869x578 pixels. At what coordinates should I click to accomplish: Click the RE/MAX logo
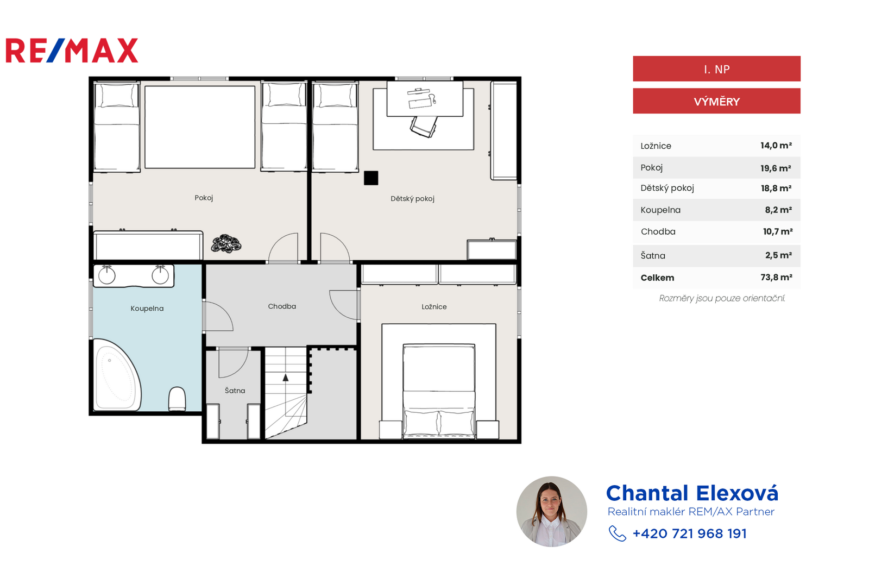72,51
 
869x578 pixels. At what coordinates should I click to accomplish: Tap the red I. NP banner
716,68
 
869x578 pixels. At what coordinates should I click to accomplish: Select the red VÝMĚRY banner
716,101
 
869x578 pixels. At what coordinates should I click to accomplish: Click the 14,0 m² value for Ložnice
776,146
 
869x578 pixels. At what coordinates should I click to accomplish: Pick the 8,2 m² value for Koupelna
778,210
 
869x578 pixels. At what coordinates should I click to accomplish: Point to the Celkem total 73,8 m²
776,278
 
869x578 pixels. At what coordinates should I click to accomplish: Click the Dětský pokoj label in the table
668,188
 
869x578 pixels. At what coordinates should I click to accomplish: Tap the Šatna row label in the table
653,256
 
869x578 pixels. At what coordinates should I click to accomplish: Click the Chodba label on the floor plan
282,306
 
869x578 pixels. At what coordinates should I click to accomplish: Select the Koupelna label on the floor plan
147,309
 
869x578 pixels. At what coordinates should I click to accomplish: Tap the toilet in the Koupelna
177,399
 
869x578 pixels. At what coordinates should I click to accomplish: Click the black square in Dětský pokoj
371,178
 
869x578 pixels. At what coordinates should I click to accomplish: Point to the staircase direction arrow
286,378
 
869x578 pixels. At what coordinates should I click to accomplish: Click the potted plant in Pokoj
226,243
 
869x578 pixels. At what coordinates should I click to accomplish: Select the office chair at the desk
423,127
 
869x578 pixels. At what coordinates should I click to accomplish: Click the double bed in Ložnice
439,391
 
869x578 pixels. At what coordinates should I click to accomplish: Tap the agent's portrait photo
552,512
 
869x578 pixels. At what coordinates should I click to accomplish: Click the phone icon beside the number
617,534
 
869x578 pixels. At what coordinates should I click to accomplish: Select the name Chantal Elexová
692,493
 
